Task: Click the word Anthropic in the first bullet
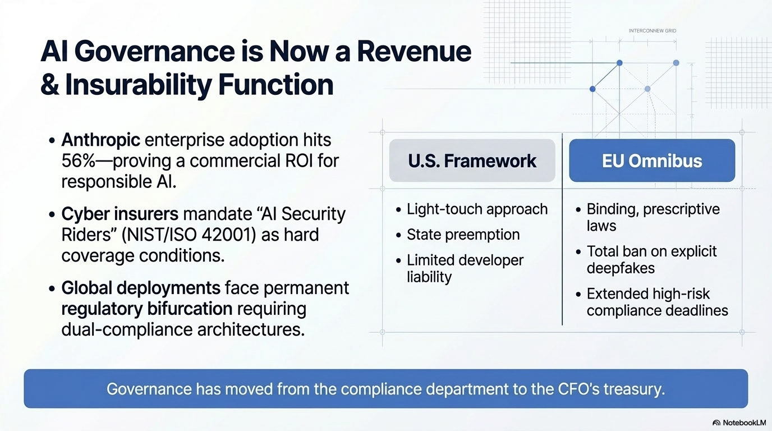[100, 140]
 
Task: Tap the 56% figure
[78, 161]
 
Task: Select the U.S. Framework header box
[472, 161]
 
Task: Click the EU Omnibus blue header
[652, 161]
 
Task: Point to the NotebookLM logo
[739, 423]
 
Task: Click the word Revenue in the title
[414, 52]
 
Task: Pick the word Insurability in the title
[138, 85]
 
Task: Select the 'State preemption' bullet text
[463, 235]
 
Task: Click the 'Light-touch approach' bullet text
[477, 209]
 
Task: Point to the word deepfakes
[621, 268]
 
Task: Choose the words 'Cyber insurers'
[120, 214]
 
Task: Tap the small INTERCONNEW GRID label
[652, 31]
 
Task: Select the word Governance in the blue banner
[149, 389]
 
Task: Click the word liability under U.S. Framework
[429, 277]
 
